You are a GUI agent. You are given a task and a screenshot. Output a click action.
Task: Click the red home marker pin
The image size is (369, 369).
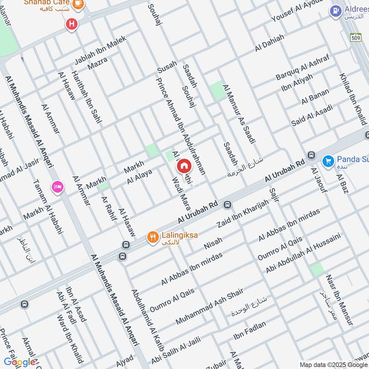click(x=184, y=166)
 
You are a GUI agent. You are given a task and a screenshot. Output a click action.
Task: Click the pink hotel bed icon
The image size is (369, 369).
click(x=58, y=187)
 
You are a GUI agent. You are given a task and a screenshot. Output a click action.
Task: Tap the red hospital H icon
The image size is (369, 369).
click(x=71, y=24)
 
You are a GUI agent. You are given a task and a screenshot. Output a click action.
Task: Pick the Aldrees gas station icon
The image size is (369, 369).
click(x=335, y=10)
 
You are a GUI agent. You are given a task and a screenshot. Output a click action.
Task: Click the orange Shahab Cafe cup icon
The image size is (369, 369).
click(x=78, y=3)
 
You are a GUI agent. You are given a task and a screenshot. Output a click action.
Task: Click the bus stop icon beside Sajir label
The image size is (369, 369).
click(x=311, y=155)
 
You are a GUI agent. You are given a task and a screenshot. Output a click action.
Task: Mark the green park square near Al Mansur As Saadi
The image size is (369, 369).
click(x=216, y=90)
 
